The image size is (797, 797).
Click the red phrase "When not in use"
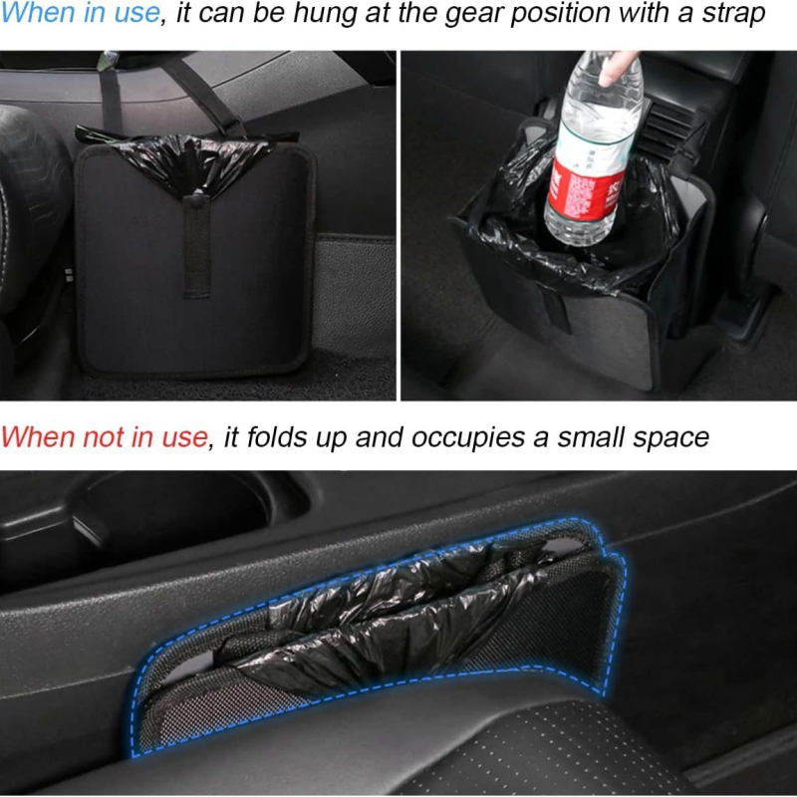click(x=104, y=436)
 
